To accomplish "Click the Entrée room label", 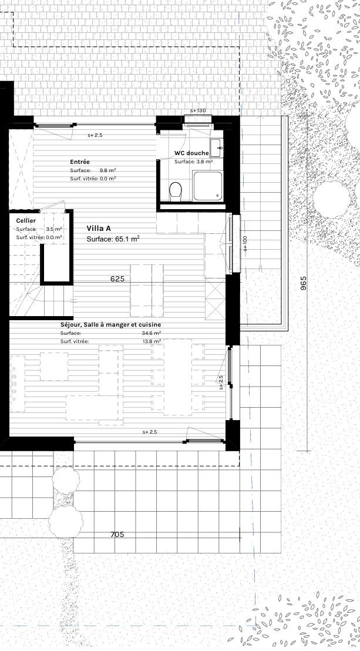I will (80, 162).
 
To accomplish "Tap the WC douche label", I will (191, 153).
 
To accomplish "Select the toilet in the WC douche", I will (175, 190).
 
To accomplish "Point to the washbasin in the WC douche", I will (216, 147).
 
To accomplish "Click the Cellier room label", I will (26, 220).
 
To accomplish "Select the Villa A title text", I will (99, 228).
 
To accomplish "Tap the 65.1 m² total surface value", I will (127, 239).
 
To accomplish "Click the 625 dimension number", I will (117, 279).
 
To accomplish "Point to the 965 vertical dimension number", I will (304, 283).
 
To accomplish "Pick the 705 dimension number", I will (117, 535).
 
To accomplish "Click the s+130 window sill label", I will (198, 111).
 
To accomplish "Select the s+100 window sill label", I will (245, 243).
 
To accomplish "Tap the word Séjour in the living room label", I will (71, 324).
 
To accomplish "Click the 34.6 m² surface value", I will (151, 333).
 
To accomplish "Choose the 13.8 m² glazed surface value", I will (151, 341).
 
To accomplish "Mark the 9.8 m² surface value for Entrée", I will (107, 170).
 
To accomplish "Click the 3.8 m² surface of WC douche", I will (203, 162).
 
